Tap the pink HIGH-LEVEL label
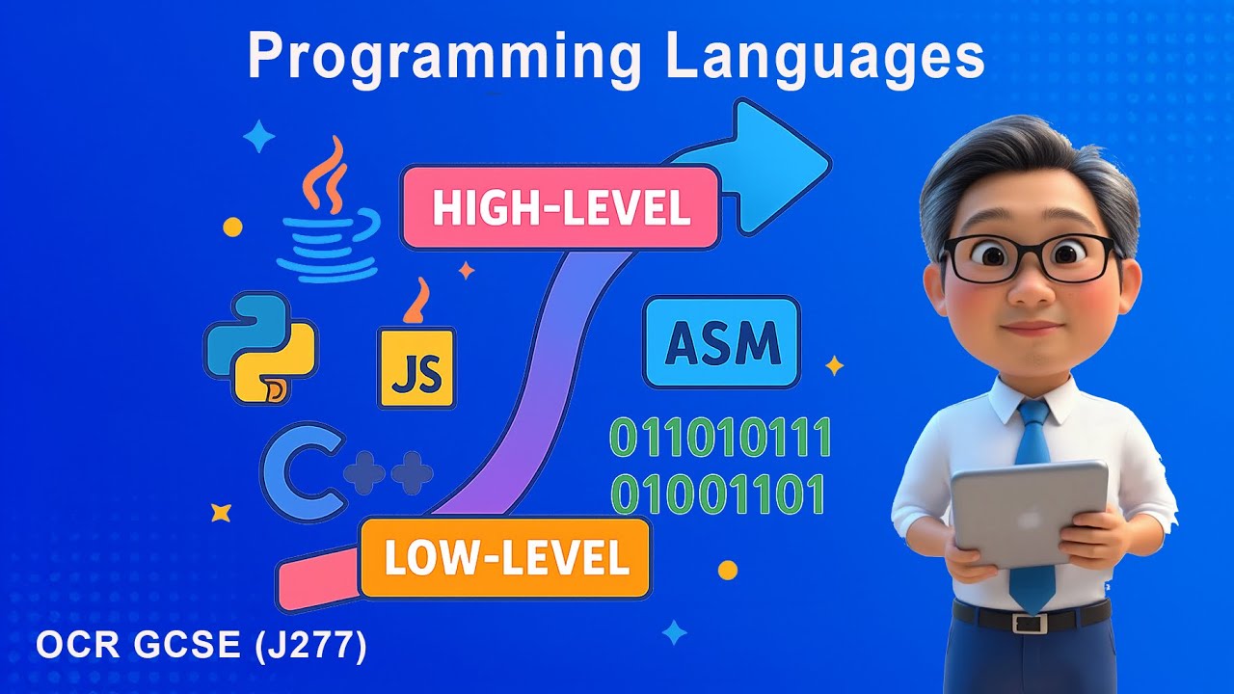[560, 208]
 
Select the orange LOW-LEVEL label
[505, 558]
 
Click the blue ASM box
[721, 342]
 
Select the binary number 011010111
[721, 440]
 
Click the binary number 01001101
[719, 494]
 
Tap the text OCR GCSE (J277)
[201, 647]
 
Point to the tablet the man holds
[1030, 511]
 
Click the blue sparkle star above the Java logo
[258, 137]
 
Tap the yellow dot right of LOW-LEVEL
[728, 570]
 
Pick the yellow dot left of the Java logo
[232, 227]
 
